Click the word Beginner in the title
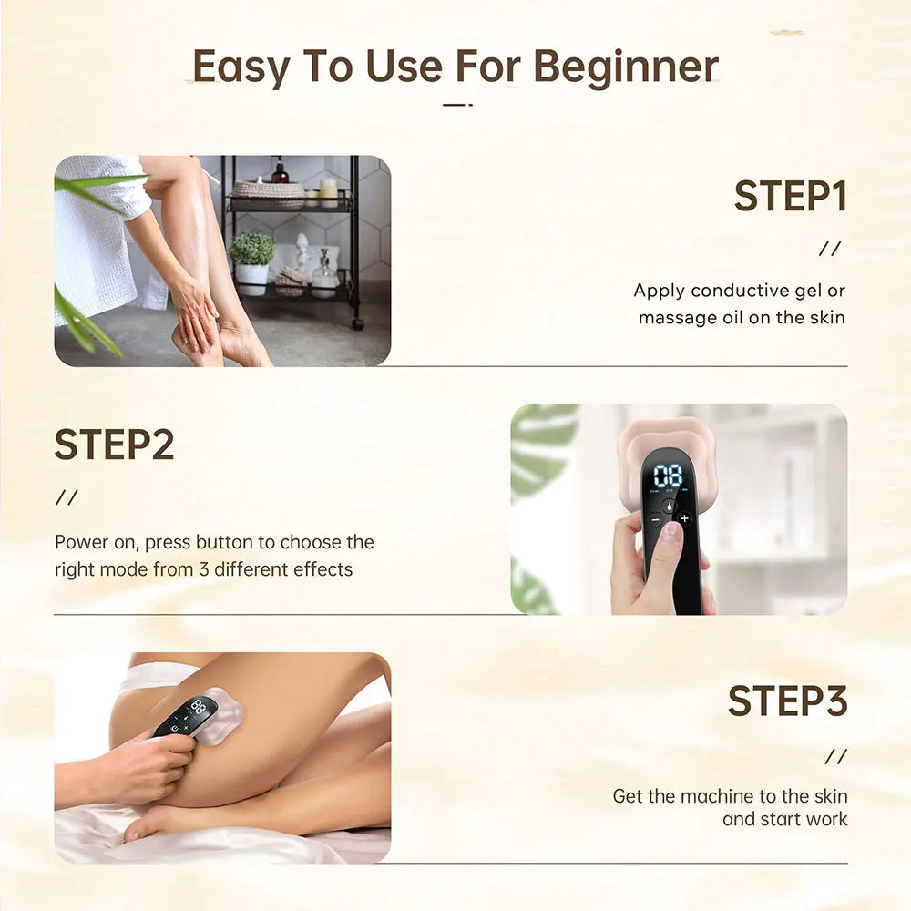pyautogui.click(x=626, y=67)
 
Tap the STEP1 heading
pyautogui.click(x=790, y=197)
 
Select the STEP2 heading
pyautogui.click(x=114, y=445)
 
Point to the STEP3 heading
pyautogui.click(x=787, y=701)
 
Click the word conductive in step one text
pyautogui.click(x=739, y=292)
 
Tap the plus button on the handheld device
pyautogui.click(x=684, y=518)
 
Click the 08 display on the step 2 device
pyautogui.click(x=669, y=476)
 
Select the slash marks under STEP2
pyautogui.click(x=67, y=497)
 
